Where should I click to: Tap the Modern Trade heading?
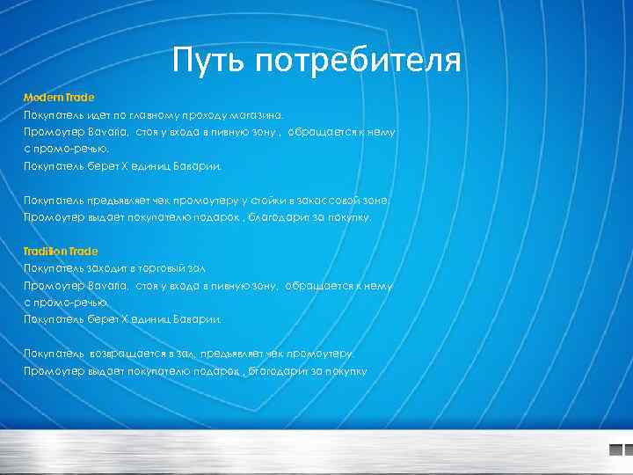59,97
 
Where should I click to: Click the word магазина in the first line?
256,114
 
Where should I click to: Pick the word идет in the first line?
93,114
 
